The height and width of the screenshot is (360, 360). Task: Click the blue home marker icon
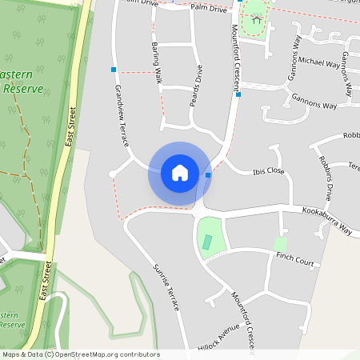[180, 172]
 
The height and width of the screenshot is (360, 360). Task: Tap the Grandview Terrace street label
[122, 115]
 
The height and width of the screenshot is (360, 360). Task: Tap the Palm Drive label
[210, 7]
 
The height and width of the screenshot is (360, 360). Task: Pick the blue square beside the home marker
[208, 174]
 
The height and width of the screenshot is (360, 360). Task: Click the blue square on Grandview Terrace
[114, 70]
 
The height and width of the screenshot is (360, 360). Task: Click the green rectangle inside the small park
[207, 241]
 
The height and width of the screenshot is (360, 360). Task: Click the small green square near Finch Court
[280, 242]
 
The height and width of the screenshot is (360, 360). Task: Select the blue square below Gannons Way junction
[238, 94]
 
